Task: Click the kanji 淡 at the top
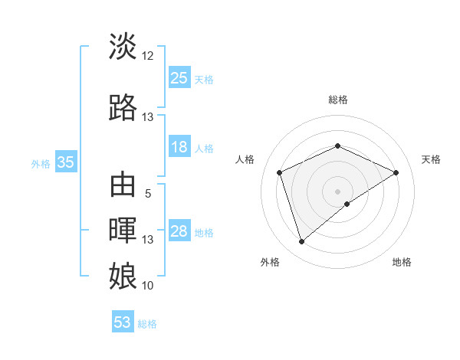point(123,47)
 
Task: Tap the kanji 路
point(123,108)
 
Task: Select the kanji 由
point(123,186)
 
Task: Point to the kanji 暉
point(123,231)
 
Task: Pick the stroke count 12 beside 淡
point(148,56)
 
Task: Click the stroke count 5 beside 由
point(148,194)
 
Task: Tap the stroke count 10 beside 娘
point(148,285)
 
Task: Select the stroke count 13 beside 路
point(148,117)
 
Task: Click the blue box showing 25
point(179,77)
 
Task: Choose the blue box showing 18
point(179,147)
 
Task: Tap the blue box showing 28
point(179,231)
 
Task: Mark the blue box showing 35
point(66,162)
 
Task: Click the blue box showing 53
point(123,322)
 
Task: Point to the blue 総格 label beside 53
point(147,324)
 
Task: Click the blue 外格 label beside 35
point(41,163)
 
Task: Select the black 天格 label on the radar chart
point(431,159)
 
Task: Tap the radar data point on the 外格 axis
point(301,242)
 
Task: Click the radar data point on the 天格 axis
point(396,172)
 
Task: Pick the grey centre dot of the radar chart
point(337,191)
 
